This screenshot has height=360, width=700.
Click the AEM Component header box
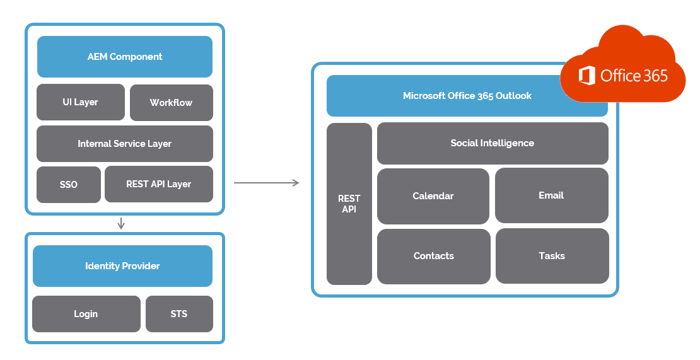tap(125, 57)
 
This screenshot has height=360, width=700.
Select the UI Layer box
tap(80, 102)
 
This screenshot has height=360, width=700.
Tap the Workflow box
tap(172, 103)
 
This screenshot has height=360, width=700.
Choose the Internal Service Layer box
tap(125, 144)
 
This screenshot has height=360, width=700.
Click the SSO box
tap(69, 185)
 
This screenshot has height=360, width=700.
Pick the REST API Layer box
tap(159, 184)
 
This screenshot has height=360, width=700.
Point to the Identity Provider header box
tap(122, 266)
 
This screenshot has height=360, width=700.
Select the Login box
tap(86, 314)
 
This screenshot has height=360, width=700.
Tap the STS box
tap(179, 314)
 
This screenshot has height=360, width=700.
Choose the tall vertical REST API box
tap(349, 204)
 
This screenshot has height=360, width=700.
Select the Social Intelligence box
tap(493, 143)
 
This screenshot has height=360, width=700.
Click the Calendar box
tap(433, 196)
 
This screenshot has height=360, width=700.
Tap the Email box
tap(552, 195)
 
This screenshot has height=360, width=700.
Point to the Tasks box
tap(552, 256)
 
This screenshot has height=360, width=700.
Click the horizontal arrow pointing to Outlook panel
tap(267, 182)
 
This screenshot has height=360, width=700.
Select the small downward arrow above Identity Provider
tap(120, 223)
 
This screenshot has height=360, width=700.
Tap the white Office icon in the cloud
tap(586, 76)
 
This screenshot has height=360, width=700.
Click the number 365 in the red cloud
tap(653, 76)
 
